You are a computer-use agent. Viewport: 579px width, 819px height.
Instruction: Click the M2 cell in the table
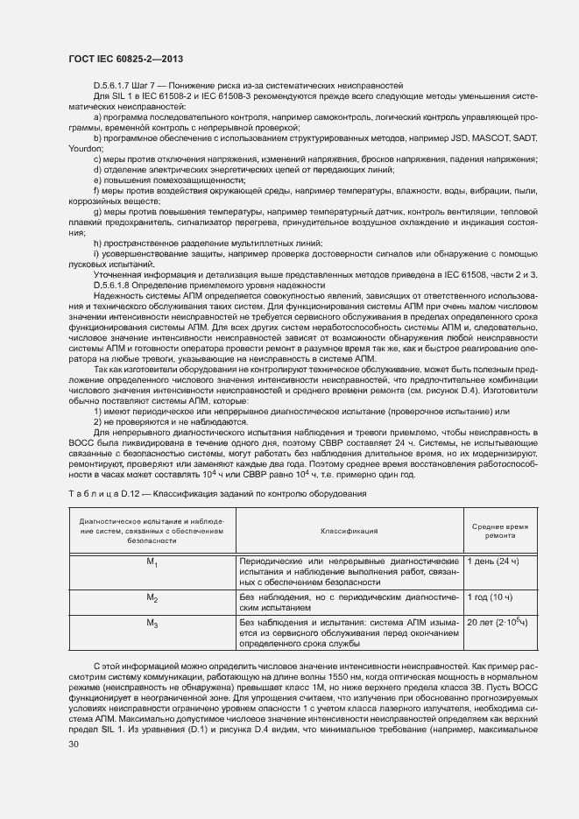pyautogui.click(x=152, y=599)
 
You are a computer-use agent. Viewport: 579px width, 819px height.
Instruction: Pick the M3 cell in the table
pyautogui.click(x=152, y=624)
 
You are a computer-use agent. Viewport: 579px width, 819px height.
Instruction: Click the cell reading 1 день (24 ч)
pyautogui.click(x=493, y=560)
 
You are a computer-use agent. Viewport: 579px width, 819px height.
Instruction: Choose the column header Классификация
pyautogui.click(x=349, y=530)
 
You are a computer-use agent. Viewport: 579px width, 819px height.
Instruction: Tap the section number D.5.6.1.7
pyautogui.click(x=114, y=86)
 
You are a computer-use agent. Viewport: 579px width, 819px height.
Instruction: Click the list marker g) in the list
pyautogui.click(x=96, y=212)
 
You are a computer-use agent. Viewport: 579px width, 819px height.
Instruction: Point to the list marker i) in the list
pyautogui.click(x=95, y=253)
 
